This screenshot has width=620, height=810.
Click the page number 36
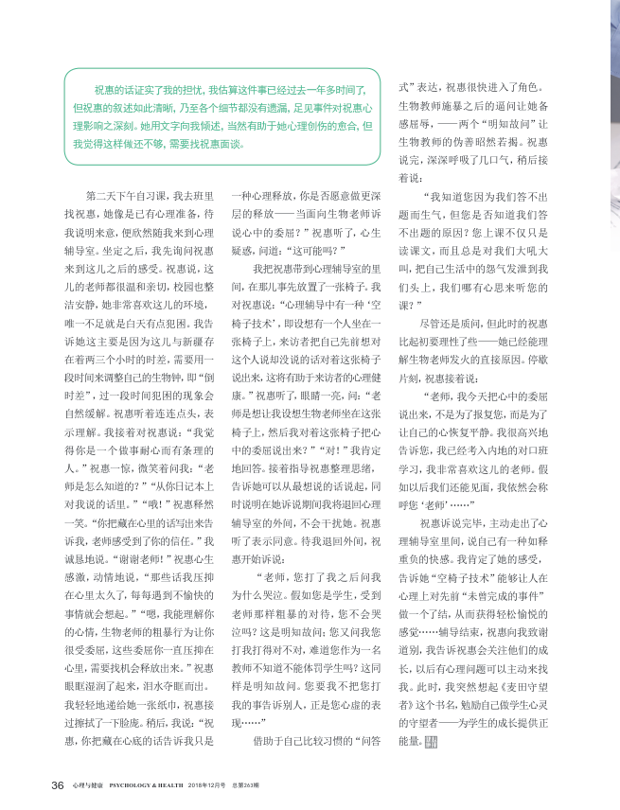(x=57, y=784)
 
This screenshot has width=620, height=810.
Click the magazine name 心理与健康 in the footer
(x=85, y=785)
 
